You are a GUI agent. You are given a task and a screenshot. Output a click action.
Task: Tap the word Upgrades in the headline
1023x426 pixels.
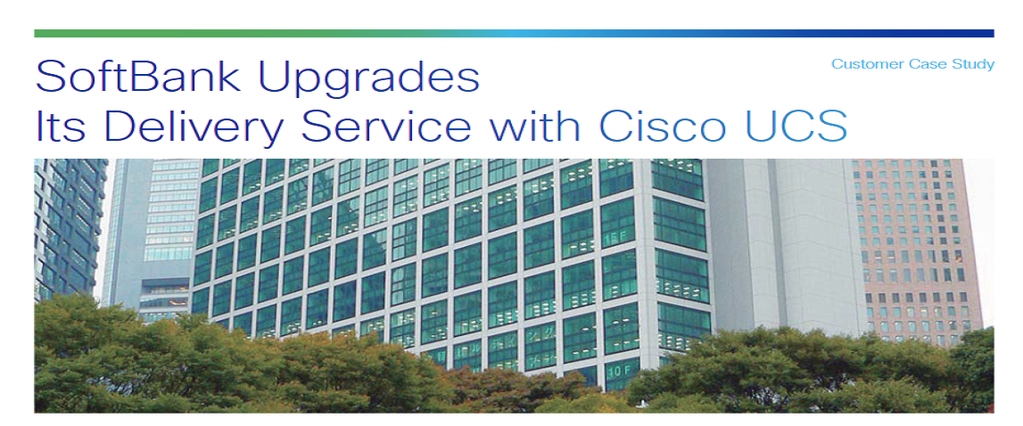[x=369, y=79]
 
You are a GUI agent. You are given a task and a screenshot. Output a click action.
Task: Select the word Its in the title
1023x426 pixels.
[x=60, y=126]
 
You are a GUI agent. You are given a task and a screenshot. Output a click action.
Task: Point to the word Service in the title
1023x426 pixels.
[x=385, y=126]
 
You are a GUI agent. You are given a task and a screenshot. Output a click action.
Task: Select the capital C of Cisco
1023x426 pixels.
[x=614, y=126]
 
